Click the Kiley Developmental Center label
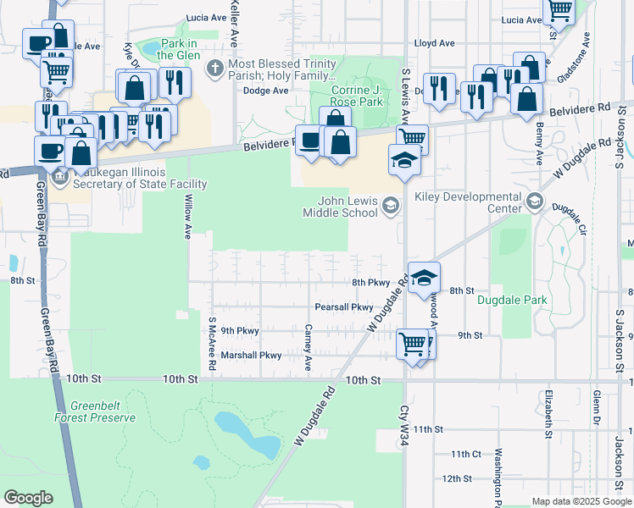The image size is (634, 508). (x=467, y=202)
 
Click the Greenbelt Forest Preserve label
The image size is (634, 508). (x=103, y=411)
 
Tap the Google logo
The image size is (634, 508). (x=28, y=498)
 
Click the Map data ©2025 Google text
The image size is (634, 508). (x=581, y=501)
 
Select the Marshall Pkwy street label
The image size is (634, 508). (x=250, y=356)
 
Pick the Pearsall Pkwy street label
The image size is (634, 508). (x=343, y=306)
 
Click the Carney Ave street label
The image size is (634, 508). (x=309, y=348)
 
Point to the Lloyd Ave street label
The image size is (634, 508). (x=434, y=43)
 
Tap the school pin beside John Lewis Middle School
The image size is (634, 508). (x=391, y=205)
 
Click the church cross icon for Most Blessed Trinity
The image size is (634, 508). (x=216, y=66)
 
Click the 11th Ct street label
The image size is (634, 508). (x=466, y=455)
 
